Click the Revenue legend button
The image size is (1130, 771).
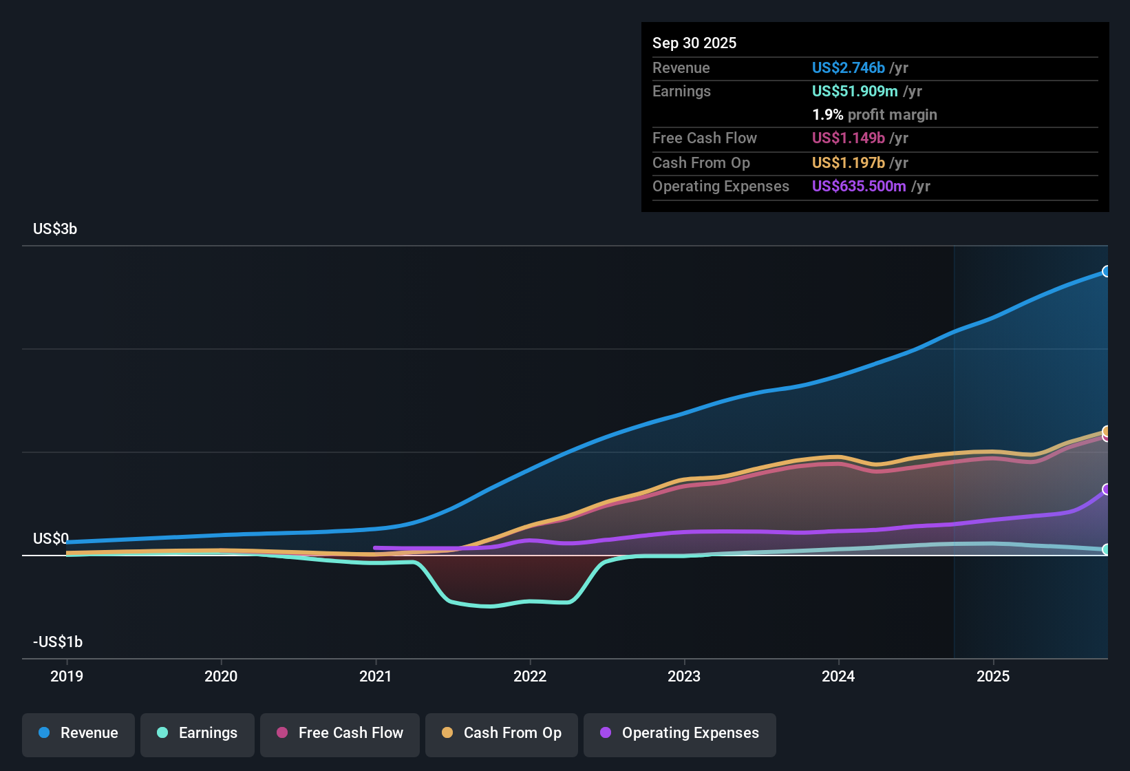click(x=78, y=733)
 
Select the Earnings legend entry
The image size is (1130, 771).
click(x=198, y=733)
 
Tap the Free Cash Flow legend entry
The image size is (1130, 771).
click(x=340, y=733)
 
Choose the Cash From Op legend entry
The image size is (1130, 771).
click(x=502, y=733)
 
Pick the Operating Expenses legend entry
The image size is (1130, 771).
click(x=680, y=733)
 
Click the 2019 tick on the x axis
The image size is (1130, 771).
click(x=67, y=676)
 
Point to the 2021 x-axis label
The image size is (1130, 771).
click(x=376, y=676)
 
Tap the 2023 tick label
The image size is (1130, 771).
click(x=684, y=676)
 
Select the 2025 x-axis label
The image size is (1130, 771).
click(x=993, y=676)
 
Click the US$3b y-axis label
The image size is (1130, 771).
click(x=55, y=229)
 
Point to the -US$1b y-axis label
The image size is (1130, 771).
click(x=58, y=642)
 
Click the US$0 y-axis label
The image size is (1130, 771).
click(x=51, y=538)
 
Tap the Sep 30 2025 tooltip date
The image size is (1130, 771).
click(x=694, y=43)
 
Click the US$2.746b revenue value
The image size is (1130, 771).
click(x=848, y=67)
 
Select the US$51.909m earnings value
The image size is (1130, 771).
click(x=855, y=91)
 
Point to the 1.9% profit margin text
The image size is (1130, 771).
click(x=875, y=114)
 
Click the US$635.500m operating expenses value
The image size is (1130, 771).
click(x=859, y=186)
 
